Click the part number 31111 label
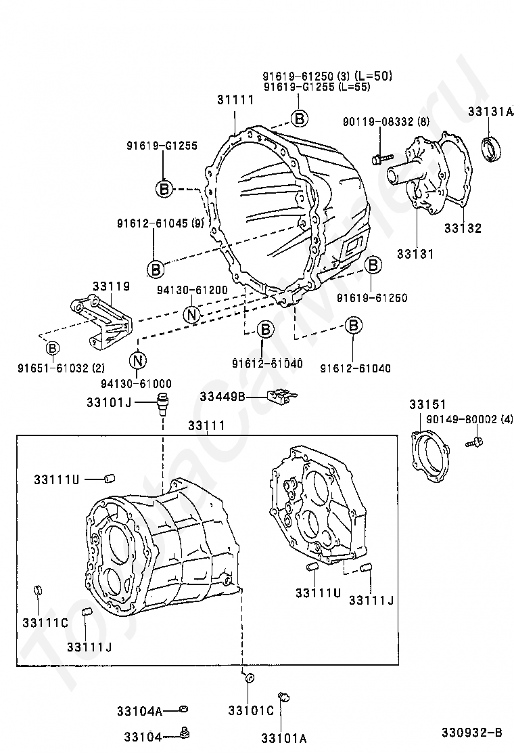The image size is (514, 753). [235, 100]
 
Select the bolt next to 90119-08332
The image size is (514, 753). [379, 159]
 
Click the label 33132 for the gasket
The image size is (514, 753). [463, 228]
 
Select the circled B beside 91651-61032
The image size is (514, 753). [52, 348]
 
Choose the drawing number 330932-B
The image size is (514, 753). [472, 733]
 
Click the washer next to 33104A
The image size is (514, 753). [183, 709]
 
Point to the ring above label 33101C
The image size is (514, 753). [248, 678]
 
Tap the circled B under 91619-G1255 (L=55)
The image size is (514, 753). [299, 119]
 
